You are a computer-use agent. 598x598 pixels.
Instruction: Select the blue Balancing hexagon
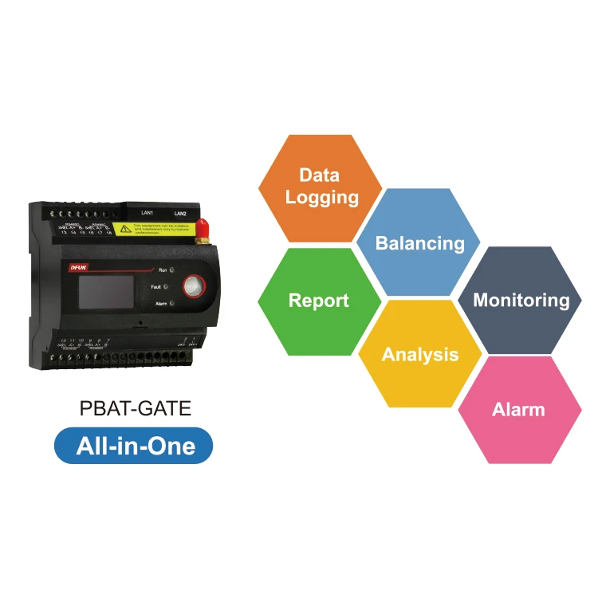point(419,242)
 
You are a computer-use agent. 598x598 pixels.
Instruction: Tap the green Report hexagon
point(318,301)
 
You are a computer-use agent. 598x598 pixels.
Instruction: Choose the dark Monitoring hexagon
point(521,301)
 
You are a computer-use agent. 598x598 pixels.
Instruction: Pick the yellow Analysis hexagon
point(419,354)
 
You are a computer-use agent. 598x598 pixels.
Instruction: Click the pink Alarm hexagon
point(518,410)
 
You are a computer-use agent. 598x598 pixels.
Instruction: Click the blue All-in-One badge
point(134,445)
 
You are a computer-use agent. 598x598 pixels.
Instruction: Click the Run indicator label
point(163,271)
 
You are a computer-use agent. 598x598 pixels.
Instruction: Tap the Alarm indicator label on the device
point(160,304)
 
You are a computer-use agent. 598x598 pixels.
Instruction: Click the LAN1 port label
point(147,213)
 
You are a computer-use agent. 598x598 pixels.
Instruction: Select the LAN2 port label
point(179,214)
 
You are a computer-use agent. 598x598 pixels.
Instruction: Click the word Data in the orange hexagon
point(319,175)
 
